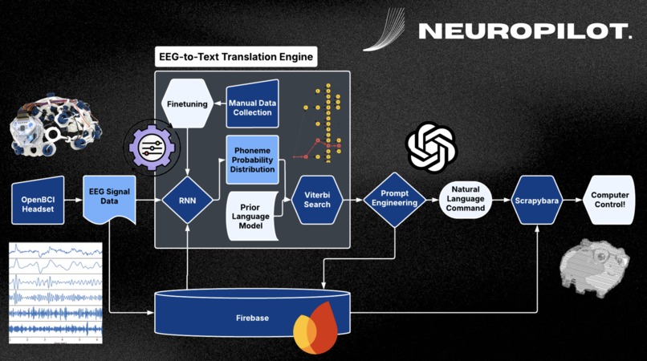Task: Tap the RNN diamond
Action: point(187,199)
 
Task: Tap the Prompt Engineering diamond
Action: point(393,199)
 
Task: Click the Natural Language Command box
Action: point(466,199)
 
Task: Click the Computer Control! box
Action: point(610,199)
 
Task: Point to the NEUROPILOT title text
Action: point(525,31)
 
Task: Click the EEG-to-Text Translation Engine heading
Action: point(234,57)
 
